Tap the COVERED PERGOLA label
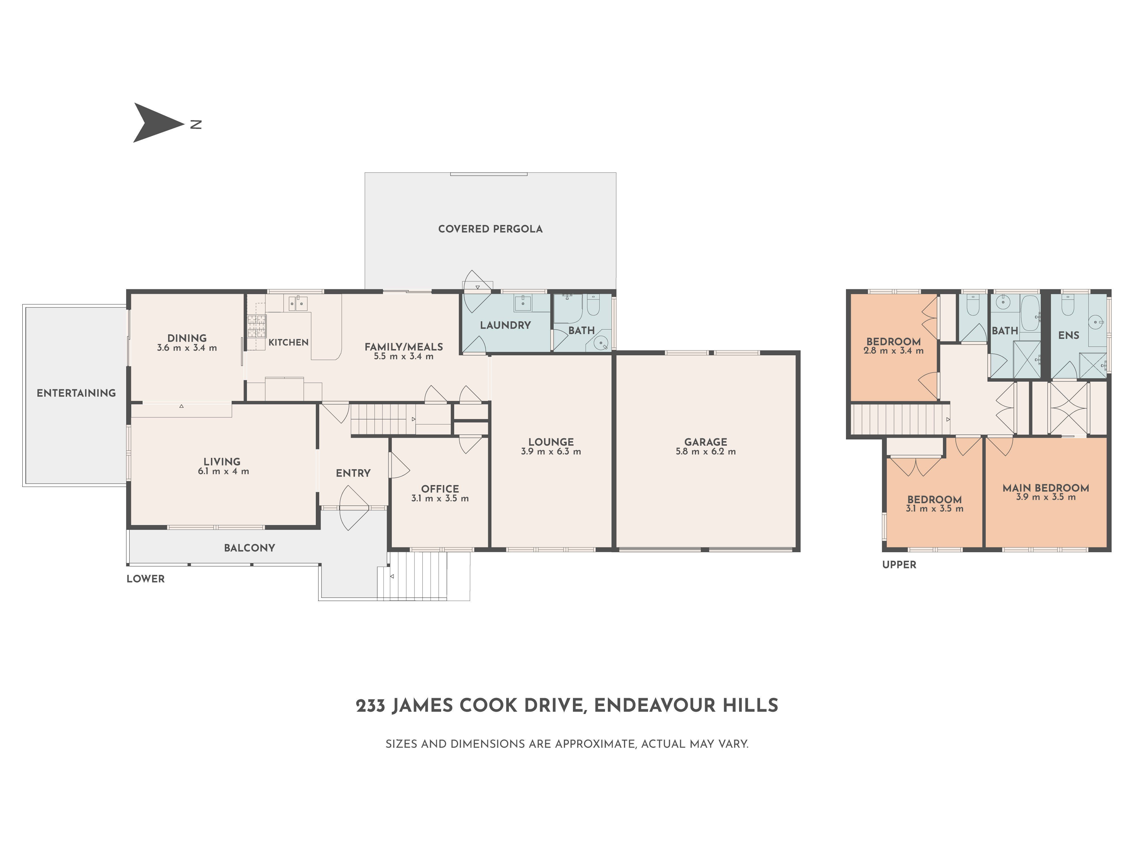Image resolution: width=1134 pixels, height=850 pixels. (x=490, y=229)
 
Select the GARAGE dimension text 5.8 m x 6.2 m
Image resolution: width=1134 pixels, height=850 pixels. (x=705, y=451)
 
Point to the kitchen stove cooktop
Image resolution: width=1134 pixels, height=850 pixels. (x=257, y=326)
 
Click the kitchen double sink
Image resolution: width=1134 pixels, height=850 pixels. (x=297, y=303)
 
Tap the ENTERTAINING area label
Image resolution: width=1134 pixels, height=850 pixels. (x=76, y=393)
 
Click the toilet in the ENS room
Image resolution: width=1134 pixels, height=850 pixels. (x=1068, y=306)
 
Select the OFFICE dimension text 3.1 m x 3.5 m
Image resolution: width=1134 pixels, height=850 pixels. (x=440, y=498)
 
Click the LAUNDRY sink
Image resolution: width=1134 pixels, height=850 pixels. (x=523, y=303)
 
